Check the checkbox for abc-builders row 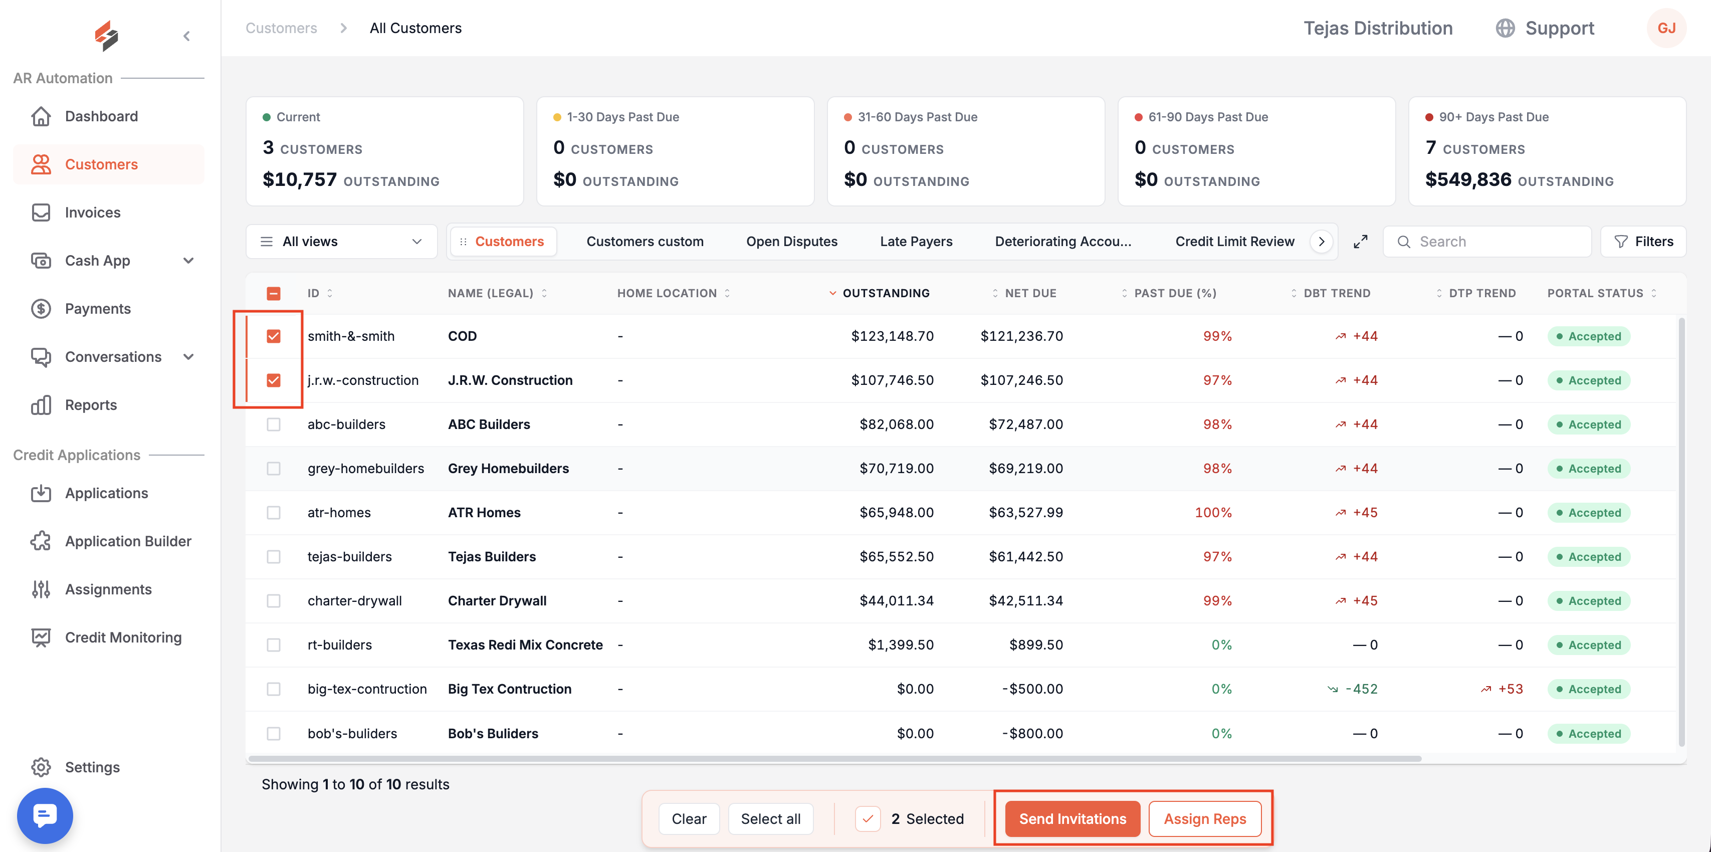(x=274, y=424)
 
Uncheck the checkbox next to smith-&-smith (x=274, y=336)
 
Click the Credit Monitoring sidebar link (x=123, y=637)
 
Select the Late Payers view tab (x=916, y=242)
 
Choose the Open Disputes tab (x=792, y=242)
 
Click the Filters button (x=1643, y=242)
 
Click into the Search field (x=1488, y=242)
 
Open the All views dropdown (x=341, y=242)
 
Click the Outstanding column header (x=886, y=293)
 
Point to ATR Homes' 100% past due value (x=1213, y=513)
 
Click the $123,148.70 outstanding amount (x=892, y=336)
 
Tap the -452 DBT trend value (x=1361, y=689)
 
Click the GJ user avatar (x=1666, y=28)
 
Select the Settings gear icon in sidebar (x=41, y=767)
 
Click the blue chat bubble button (x=45, y=815)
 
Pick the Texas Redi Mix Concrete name (x=525, y=645)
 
